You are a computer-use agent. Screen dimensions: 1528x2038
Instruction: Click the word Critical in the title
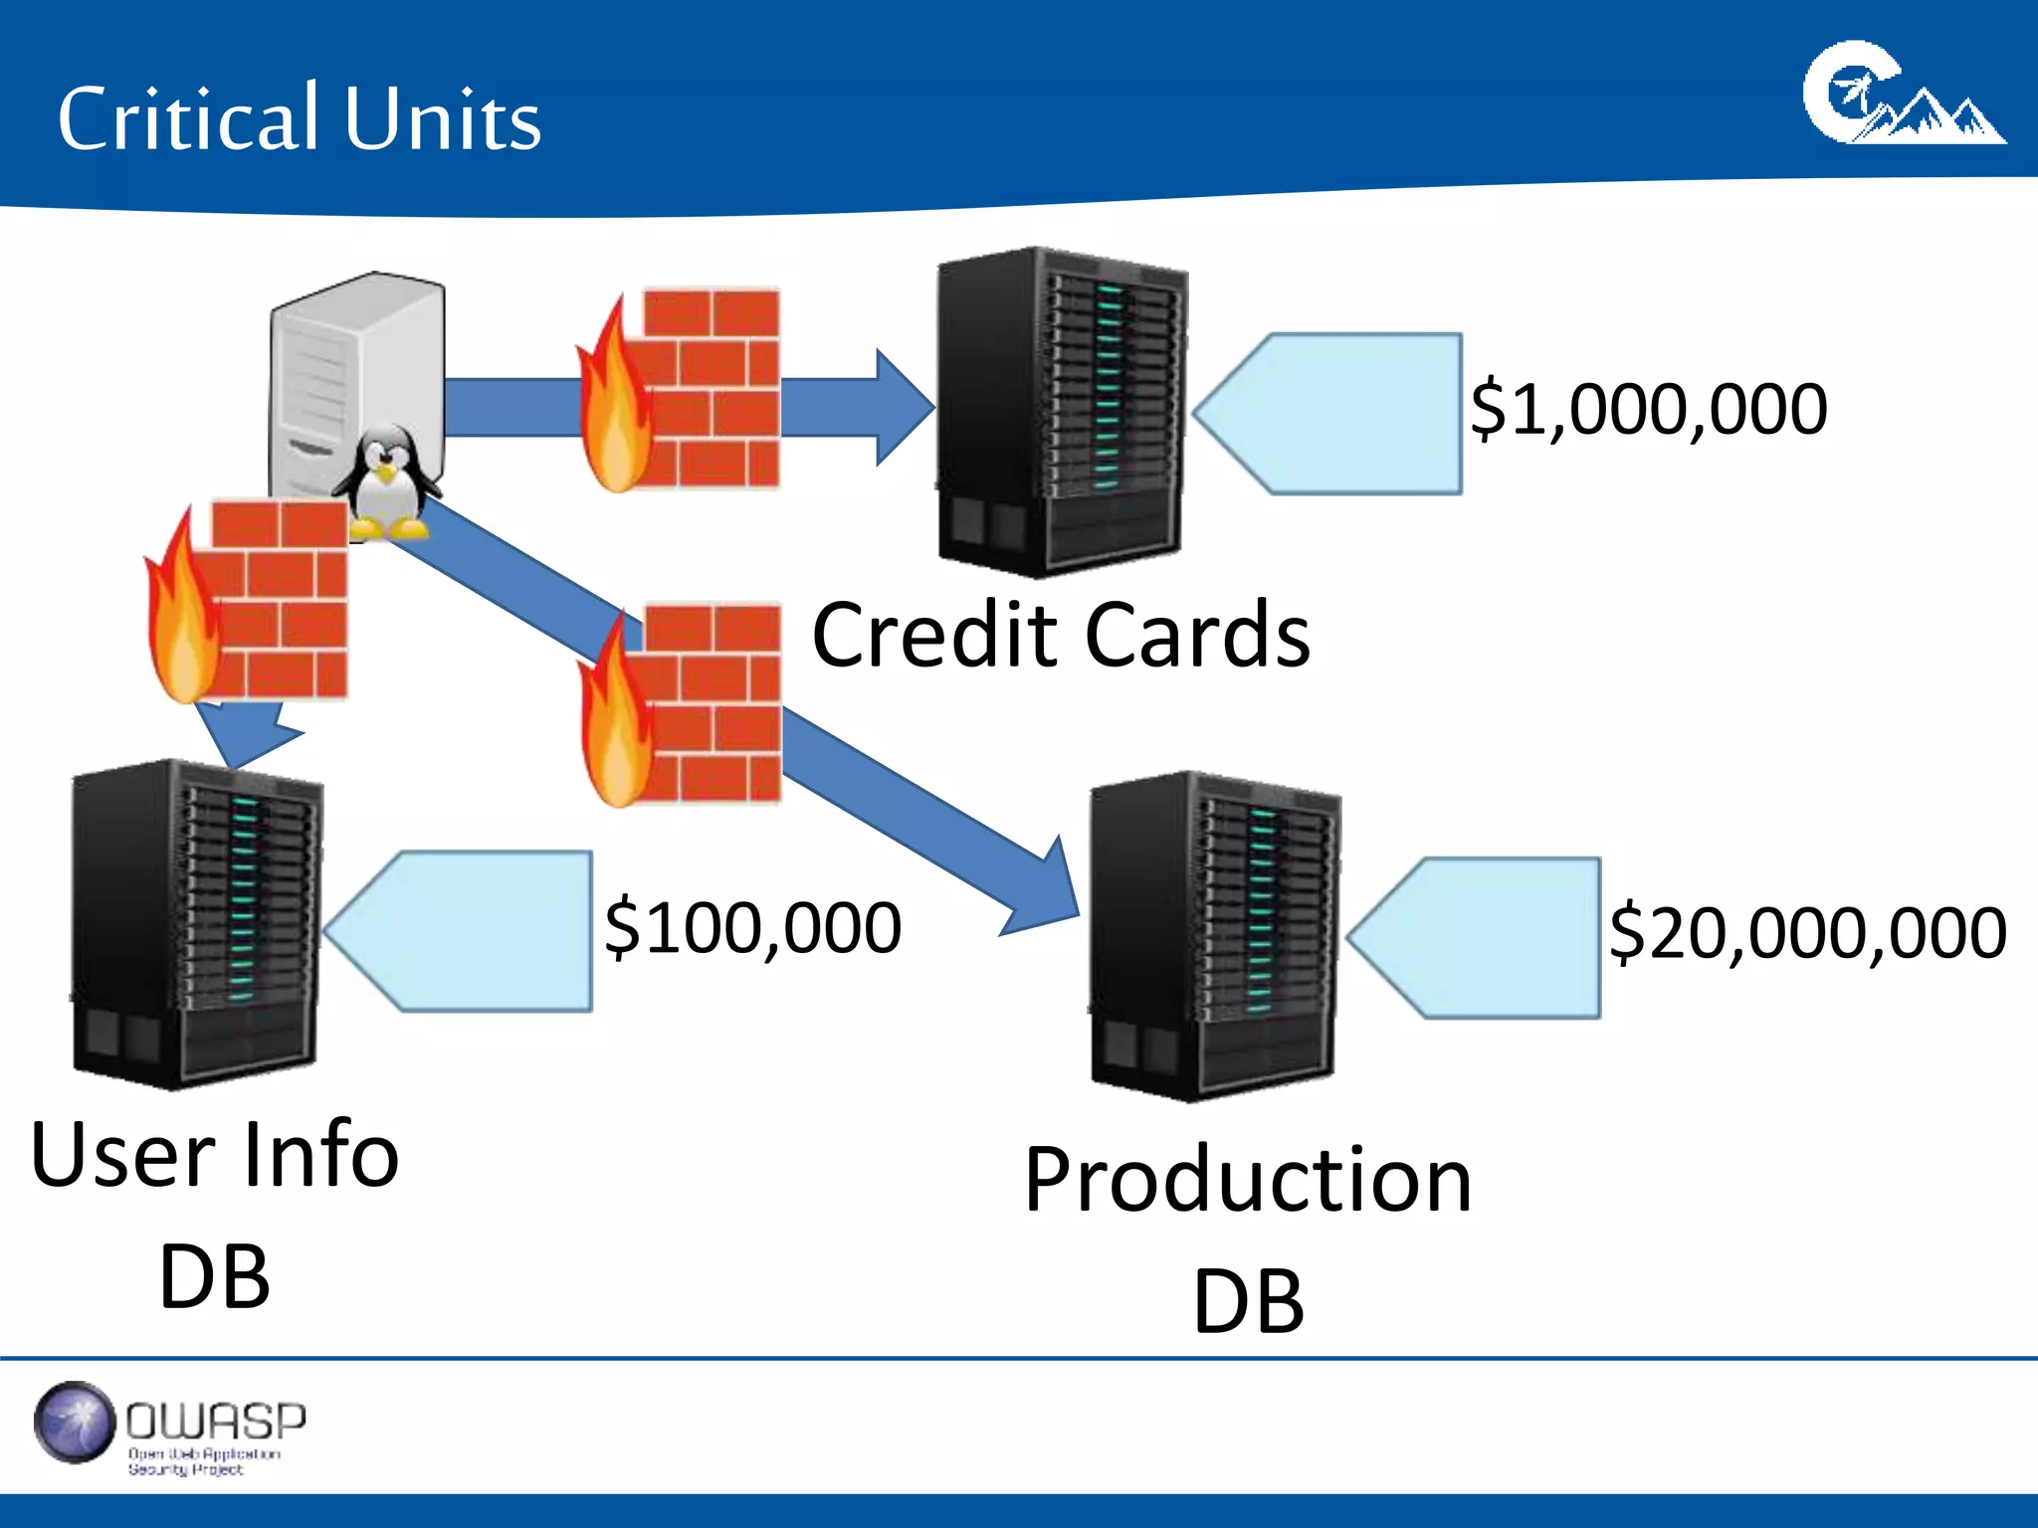coord(187,119)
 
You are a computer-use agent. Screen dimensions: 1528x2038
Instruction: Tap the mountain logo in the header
coord(1903,95)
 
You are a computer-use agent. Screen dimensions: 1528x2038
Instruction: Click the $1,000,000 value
coord(1648,409)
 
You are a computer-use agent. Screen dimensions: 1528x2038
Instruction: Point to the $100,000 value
coord(752,927)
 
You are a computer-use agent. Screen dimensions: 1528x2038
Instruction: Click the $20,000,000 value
coord(1807,933)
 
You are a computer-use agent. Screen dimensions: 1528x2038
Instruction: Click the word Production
coord(1248,1180)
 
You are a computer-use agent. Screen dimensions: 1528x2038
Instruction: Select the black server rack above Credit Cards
coord(1061,412)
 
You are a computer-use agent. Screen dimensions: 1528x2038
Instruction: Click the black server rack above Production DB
coord(1214,935)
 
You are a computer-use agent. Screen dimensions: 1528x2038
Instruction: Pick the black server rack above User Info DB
coord(197,923)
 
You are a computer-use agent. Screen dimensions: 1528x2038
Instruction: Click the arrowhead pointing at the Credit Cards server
coord(904,408)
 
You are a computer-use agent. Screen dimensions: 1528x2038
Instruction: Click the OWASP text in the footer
coord(215,1421)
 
